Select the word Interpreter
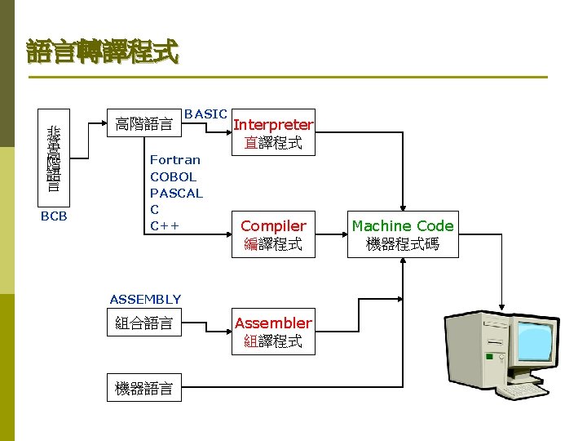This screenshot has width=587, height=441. (x=273, y=125)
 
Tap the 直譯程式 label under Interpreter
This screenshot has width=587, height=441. (x=273, y=143)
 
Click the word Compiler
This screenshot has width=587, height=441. (x=273, y=225)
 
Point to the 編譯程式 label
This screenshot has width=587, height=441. (x=273, y=243)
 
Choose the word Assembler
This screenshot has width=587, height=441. (x=273, y=323)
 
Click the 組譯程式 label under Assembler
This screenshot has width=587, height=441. (x=273, y=341)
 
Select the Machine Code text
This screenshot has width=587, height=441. (x=402, y=225)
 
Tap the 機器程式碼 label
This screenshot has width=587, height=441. (x=402, y=243)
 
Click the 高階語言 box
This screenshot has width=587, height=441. (x=143, y=125)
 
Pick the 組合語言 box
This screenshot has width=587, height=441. (x=143, y=323)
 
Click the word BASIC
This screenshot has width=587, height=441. (x=205, y=114)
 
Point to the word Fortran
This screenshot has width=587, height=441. (x=174, y=160)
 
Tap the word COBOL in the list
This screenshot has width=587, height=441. (x=173, y=176)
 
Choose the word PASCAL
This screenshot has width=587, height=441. (x=176, y=193)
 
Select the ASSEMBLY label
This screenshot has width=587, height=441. (x=145, y=299)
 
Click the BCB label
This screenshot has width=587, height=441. (x=54, y=216)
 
